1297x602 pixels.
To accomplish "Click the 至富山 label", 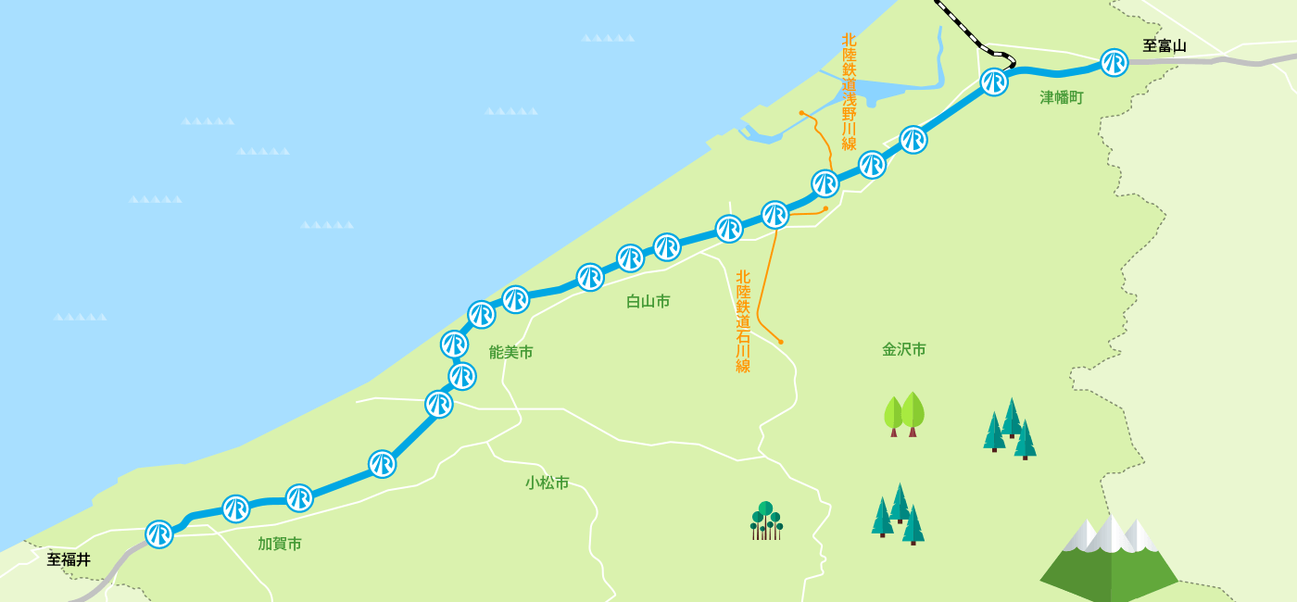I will click(1164, 45).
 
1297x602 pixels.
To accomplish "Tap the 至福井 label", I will click(69, 559).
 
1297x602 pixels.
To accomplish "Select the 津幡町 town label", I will click(1061, 97).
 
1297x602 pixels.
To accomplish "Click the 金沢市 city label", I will click(903, 349).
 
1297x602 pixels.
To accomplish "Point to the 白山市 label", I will click(648, 301).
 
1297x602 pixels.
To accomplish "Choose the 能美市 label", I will click(510, 352).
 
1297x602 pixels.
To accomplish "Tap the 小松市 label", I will click(547, 483).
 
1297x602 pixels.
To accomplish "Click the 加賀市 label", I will click(280, 544).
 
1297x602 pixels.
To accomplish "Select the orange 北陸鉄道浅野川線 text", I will click(849, 92).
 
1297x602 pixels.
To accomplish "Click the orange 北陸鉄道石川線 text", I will click(743, 320).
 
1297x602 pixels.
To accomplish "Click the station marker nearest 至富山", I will click(1114, 63).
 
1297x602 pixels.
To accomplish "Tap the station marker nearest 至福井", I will click(159, 534).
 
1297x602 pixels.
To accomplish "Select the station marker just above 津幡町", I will click(994, 82).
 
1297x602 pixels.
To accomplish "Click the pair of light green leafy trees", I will click(904, 414).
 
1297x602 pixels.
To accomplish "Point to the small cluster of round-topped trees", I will click(766, 520).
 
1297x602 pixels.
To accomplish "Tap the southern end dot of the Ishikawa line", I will click(781, 342).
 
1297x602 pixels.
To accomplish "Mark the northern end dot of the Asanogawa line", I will click(802, 113).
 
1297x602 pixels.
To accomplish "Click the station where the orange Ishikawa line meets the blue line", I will click(775, 215).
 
